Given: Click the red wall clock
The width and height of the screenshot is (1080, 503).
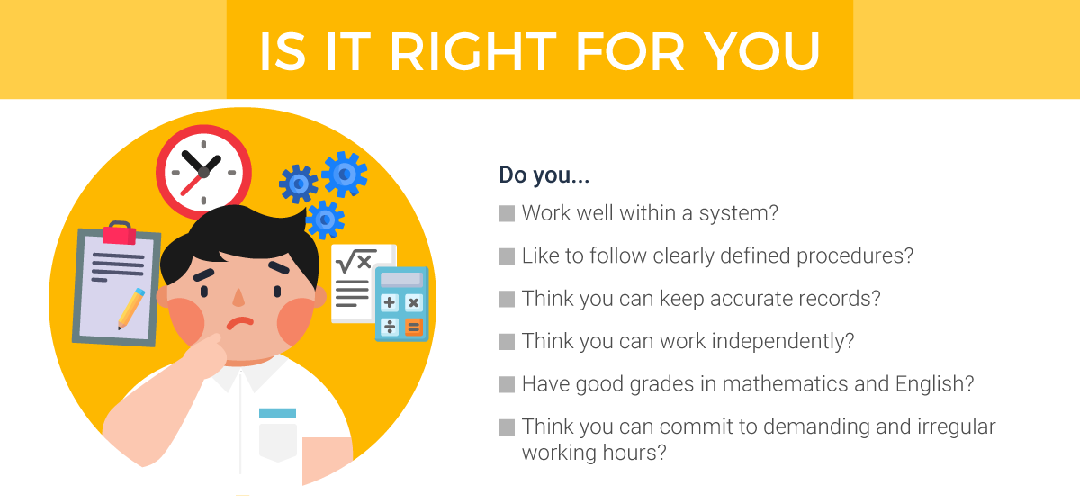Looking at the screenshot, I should tap(202, 171).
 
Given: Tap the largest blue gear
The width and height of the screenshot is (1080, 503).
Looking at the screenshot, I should tap(344, 174).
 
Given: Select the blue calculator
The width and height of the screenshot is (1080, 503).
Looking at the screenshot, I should tap(400, 303).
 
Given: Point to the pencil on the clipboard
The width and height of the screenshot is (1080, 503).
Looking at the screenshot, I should tap(130, 308).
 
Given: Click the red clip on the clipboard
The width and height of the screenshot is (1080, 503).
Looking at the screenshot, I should tap(118, 234).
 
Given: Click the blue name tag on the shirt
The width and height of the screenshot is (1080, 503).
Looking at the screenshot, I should tap(277, 413).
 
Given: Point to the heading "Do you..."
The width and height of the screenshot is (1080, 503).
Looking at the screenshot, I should tap(544, 175).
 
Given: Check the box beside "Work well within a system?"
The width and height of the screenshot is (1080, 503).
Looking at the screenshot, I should tap(506, 214).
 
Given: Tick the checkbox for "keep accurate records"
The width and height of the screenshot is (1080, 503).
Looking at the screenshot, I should tap(506, 299).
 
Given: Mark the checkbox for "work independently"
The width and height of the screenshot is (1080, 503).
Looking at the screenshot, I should tap(506, 342).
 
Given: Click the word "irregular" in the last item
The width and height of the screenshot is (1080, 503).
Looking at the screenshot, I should tap(950, 427).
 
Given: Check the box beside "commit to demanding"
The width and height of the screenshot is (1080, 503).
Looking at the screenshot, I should tap(506, 427).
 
